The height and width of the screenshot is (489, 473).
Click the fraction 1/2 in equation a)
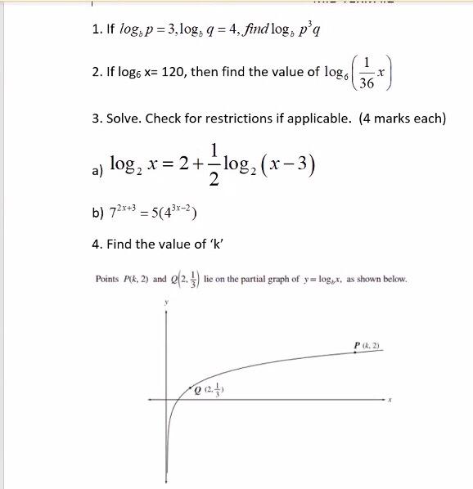pyautogui.click(x=214, y=163)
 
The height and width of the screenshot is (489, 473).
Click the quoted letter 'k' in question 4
pyautogui.click(x=217, y=244)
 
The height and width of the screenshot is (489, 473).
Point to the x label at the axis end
pyautogui.click(x=391, y=400)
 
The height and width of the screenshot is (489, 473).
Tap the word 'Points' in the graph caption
pyautogui.click(x=107, y=279)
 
